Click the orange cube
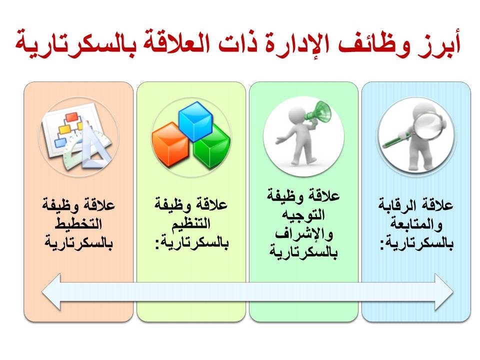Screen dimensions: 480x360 170,144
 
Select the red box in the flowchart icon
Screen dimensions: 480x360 72,117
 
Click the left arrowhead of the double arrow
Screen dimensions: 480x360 51,292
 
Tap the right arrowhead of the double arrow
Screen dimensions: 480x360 444,292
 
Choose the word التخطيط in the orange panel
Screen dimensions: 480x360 78,223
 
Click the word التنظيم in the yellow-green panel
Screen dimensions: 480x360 191,223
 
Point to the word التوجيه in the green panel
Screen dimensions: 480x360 303,214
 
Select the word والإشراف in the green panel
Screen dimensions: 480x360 303,234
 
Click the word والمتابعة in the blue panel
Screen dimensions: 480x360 416,224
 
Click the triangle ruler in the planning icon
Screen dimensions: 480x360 93,146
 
